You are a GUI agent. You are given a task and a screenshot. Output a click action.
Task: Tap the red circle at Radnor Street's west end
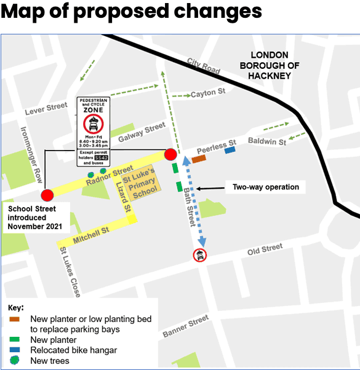click(x=47, y=195)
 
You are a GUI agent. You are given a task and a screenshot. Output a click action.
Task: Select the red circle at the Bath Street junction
click(x=170, y=154)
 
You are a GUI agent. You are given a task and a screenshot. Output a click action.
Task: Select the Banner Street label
click(x=186, y=327)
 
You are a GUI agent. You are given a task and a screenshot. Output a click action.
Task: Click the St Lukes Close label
click(x=69, y=272)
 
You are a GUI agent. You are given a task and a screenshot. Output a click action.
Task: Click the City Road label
click(x=203, y=67)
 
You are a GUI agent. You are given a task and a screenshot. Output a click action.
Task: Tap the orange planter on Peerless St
click(x=198, y=159)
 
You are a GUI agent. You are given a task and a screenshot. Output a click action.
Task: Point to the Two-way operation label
click(x=265, y=187)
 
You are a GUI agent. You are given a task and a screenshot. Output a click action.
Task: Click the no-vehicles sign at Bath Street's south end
click(x=200, y=254)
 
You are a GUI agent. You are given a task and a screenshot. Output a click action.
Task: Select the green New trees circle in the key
click(x=14, y=361)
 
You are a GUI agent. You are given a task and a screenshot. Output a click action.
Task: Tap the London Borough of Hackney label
click(x=266, y=65)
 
